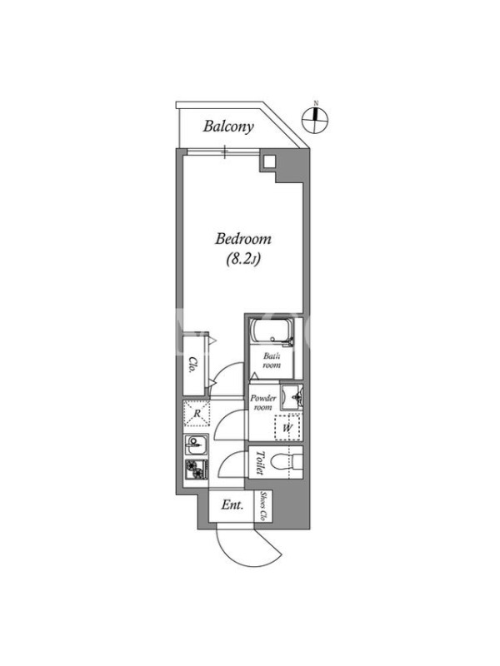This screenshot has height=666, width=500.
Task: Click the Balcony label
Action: pyautogui.click(x=228, y=127)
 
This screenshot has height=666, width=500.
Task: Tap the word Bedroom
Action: pyautogui.click(x=242, y=238)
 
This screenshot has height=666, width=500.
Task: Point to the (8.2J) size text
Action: pyautogui.click(x=242, y=259)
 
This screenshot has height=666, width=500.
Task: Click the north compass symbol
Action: pyautogui.click(x=315, y=119)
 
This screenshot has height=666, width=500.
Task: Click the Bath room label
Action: pyautogui.click(x=272, y=360)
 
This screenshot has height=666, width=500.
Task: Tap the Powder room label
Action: pyautogui.click(x=263, y=402)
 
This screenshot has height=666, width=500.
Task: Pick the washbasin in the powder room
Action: pyautogui.click(x=292, y=397)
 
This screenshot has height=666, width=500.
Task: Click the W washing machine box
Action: pyautogui.click(x=287, y=428)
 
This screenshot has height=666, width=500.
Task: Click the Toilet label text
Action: pyautogui.click(x=260, y=463)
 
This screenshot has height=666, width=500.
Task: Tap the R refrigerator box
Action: pyautogui.click(x=197, y=413)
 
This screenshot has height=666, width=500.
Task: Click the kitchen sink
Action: pyautogui.click(x=196, y=445)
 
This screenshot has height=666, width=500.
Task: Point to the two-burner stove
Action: pyautogui.click(x=196, y=470)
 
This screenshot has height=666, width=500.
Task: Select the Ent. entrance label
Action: pyautogui.click(x=232, y=505)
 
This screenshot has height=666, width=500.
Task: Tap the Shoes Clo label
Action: pyautogui.click(x=263, y=506)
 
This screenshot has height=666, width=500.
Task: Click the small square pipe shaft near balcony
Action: pyautogui.click(x=268, y=162)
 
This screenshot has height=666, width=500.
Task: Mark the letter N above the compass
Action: pyautogui.click(x=316, y=102)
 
